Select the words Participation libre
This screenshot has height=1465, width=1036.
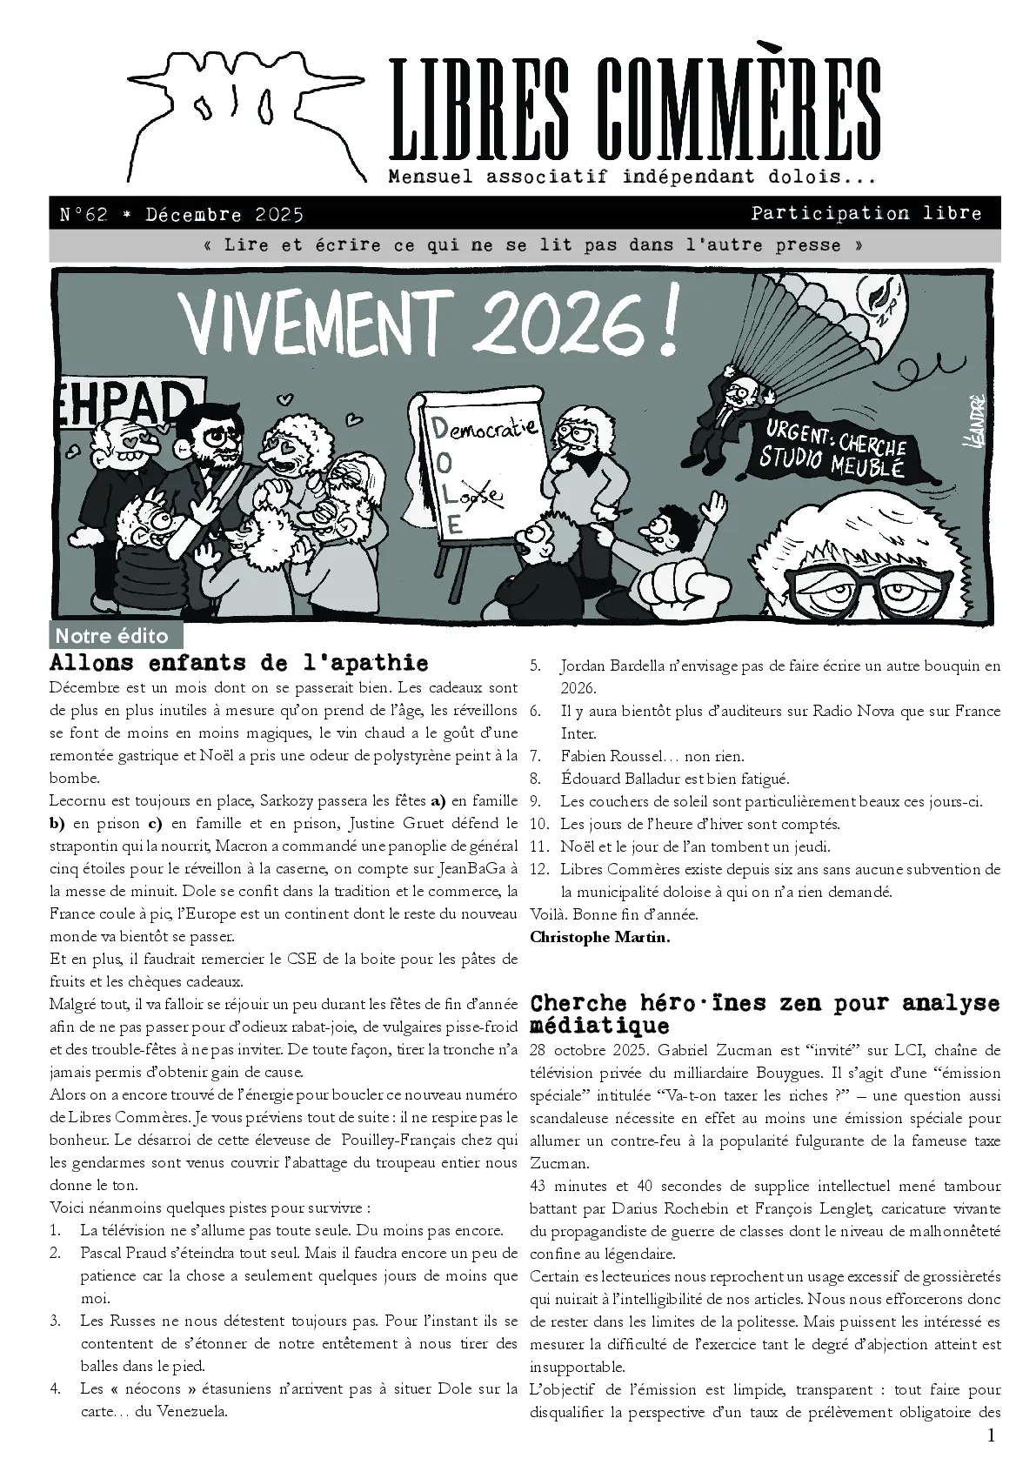click(x=866, y=213)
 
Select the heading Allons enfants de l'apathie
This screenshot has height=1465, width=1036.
click(x=239, y=663)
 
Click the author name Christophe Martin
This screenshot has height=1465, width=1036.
click(x=599, y=937)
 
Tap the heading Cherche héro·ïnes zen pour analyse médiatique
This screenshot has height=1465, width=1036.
click(x=765, y=1013)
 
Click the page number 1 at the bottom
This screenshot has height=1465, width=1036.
click(x=991, y=1435)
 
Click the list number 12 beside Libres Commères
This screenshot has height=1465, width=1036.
click(x=539, y=869)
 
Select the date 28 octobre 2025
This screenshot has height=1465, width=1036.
click(x=583, y=1050)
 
